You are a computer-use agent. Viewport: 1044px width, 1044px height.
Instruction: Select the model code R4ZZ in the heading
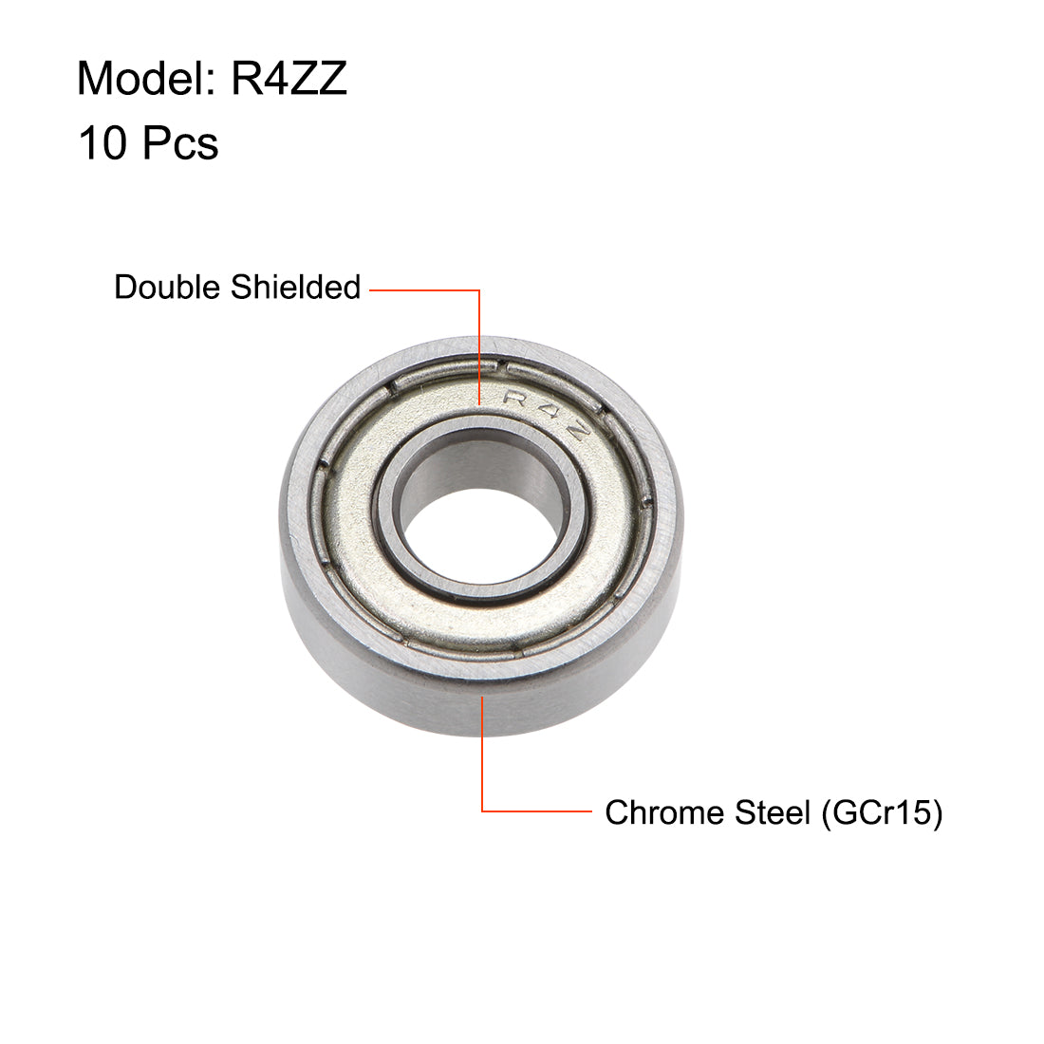pyautogui.click(x=289, y=79)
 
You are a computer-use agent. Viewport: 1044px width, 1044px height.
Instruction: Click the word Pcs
pyautogui.click(x=180, y=144)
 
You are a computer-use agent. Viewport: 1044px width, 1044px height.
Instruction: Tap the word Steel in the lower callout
pyautogui.click(x=769, y=812)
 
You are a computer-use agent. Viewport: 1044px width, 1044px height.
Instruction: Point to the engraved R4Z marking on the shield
pyautogui.click(x=549, y=412)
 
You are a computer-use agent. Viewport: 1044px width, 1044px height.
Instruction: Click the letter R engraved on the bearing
pyautogui.click(x=517, y=399)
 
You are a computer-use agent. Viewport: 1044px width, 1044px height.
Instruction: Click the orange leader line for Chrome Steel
pyautogui.click(x=483, y=759)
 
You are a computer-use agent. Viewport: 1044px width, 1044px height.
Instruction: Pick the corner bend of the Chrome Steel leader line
pyautogui.click(x=483, y=811)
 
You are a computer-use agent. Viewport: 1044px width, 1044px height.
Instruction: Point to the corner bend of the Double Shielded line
pyautogui.click(x=479, y=289)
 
